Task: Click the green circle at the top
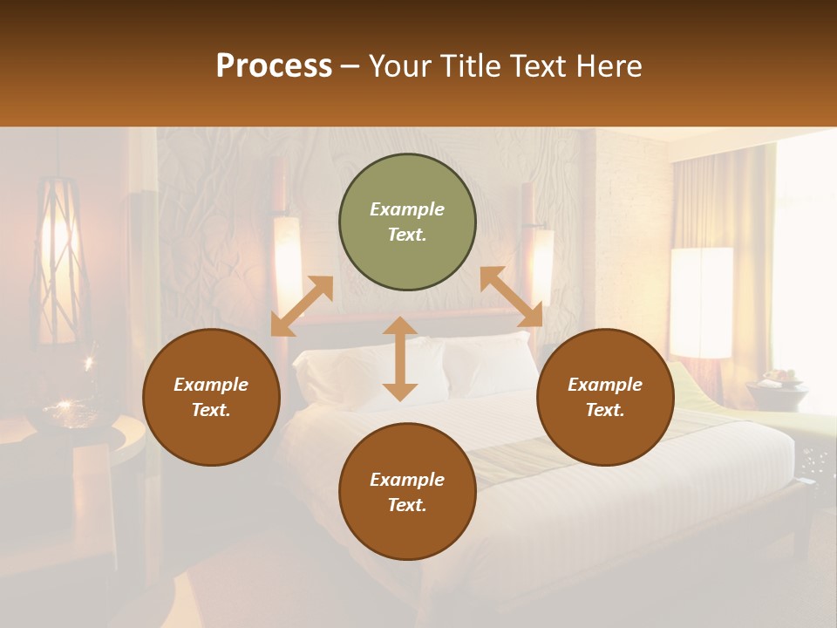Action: pyautogui.click(x=407, y=222)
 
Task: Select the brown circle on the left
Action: pyautogui.click(x=211, y=397)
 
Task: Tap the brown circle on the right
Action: pyautogui.click(x=605, y=397)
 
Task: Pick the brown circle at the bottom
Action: pyautogui.click(x=407, y=492)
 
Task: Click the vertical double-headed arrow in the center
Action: pyautogui.click(x=400, y=358)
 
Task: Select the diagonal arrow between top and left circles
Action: pyautogui.click(x=302, y=306)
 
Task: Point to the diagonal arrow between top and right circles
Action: pyautogui.click(x=511, y=297)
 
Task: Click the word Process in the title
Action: pyautogui.click(x=274, y=65)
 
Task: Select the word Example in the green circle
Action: pyautogui.click(x=407, y=209)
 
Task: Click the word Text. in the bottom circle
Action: pyautogui.click(x=407, y=505)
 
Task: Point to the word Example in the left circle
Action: pyautogui.click(x=211, y=385)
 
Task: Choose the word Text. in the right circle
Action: pyautogui.click(x=605, y=410)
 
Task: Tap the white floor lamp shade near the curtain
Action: pyautogui.click(x=701, y=302)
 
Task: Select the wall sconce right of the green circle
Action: pyautogui.click(x=541, y=262)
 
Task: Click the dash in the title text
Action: pyautogui.click(x=350, y=65)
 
